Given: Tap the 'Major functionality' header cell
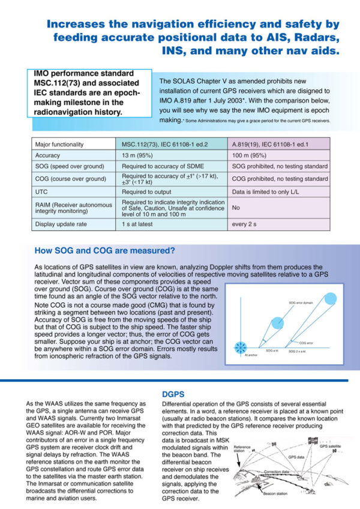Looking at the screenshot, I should [59, 144].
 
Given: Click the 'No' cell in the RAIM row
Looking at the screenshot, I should [236, 206].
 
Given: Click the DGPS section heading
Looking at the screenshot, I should [175, 394].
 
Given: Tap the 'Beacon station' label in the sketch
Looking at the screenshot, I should [275, 493].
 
